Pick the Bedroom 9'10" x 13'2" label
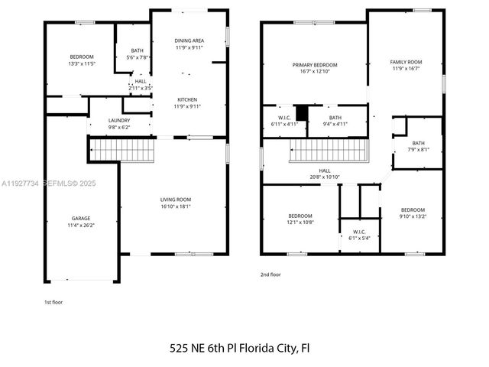413,213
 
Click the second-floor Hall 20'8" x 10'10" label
325,174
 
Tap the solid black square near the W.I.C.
302,113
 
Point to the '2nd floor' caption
271,274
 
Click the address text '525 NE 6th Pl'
202,348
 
